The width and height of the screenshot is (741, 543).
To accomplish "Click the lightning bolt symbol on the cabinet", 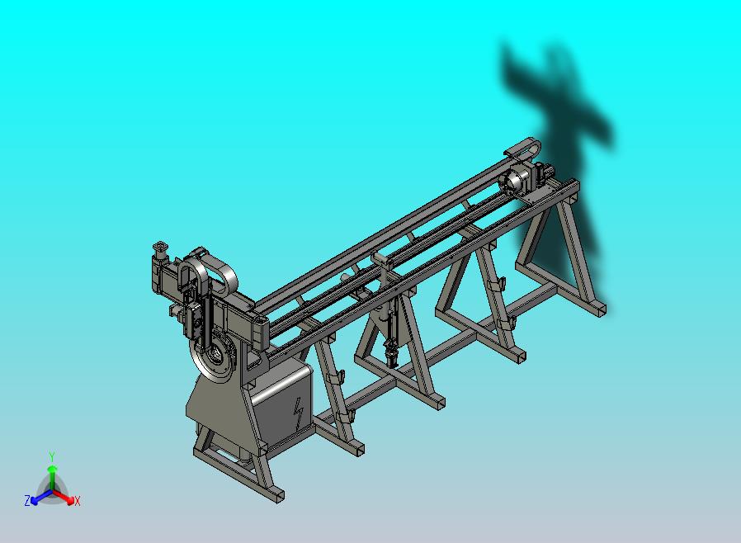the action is click(x=299, y=413).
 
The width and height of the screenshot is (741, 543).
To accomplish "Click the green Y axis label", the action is click(x=52, y=456).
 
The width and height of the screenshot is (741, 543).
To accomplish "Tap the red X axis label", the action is click(x=78, y=501).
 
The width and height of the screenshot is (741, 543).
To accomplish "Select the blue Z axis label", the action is click(x=27, y=500).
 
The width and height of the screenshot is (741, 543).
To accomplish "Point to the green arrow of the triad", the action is click(x=52, y=476).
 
